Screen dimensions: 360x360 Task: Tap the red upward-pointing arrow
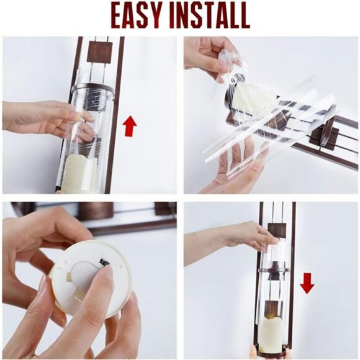tap(130, 126)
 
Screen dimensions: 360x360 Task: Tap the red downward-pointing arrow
tap(307, 283)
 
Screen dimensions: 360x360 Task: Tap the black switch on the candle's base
tap(105, 262)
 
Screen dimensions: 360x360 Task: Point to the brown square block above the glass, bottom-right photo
tap(277, 231)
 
